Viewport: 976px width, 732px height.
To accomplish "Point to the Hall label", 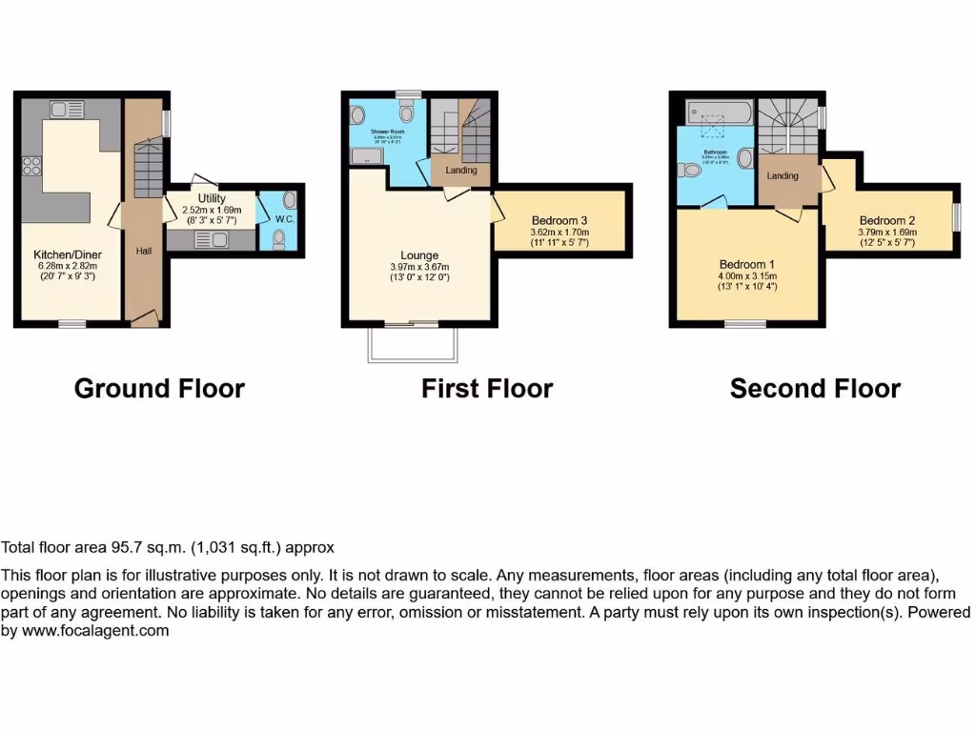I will point(144,251).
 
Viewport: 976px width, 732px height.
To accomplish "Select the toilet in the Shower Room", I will point(407,113).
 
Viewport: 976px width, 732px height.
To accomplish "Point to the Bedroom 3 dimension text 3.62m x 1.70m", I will point(559,232).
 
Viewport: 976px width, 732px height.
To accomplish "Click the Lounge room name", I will point(419,255).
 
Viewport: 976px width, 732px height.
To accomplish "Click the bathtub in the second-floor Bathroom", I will point(714,115).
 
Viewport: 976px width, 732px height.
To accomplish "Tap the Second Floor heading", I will point(815,389).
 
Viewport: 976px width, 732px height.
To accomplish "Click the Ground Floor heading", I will point(159,389).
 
